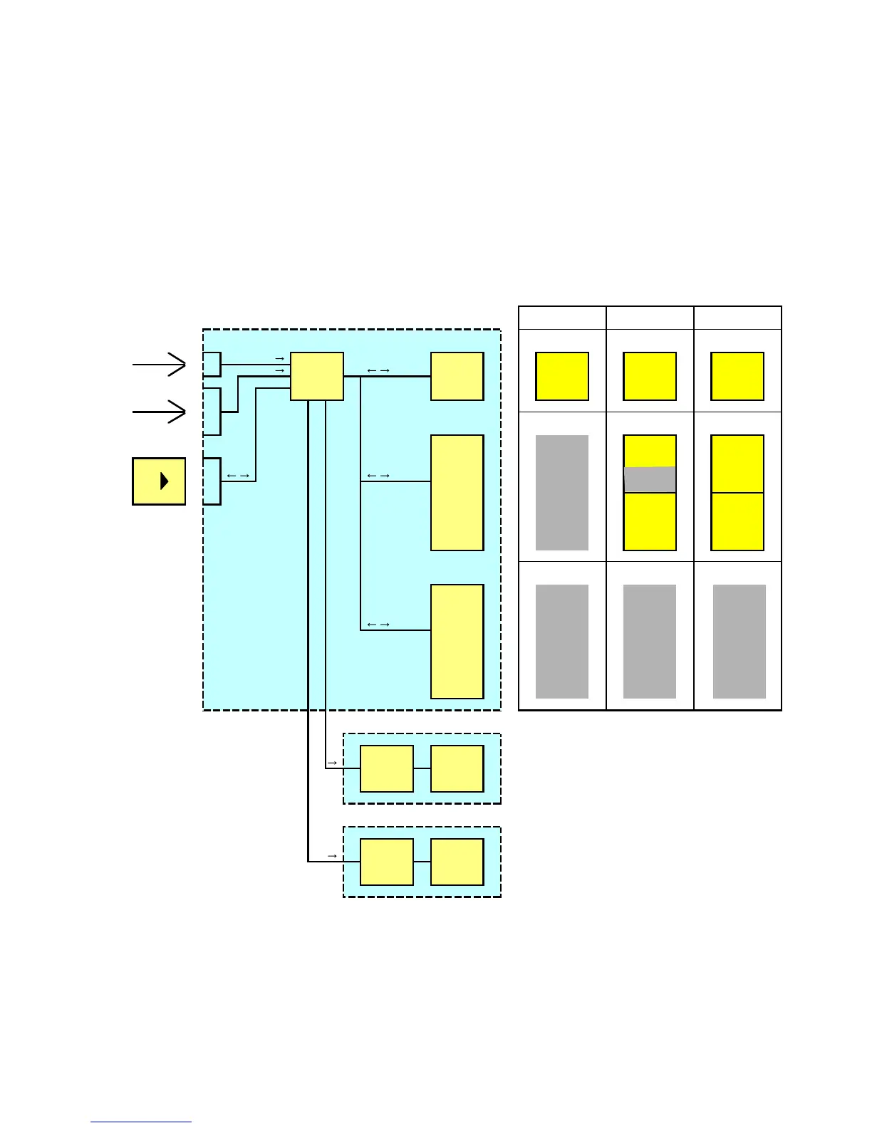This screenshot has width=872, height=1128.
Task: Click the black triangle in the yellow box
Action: click(x=165, y=481)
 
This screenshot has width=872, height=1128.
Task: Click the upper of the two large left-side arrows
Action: click(x=160, y=365)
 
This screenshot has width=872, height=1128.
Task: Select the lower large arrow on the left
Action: click(x=160, y=412)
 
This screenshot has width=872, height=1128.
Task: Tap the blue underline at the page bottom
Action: click(x=140, y=1122)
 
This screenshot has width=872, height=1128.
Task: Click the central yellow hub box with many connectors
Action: click(x=317, y=376)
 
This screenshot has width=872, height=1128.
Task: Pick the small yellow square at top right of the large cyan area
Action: click(x=457, y=376)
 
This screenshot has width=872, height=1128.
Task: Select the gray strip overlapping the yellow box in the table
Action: click(x=650, y=479)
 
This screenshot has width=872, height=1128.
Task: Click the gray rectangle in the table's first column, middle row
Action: click(x=562, y=493)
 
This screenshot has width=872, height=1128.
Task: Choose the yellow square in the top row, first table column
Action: click(x=562, y=376)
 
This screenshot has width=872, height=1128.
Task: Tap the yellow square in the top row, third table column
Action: click(x=737, y=376)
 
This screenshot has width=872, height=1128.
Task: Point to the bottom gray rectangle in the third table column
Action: click(x=739, y=641)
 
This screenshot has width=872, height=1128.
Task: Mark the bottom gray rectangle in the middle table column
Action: click(x=650, y=641)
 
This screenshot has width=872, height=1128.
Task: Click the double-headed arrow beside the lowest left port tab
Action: click(x=238, y=476)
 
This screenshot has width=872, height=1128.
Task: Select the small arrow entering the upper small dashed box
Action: click(x=332, y=763)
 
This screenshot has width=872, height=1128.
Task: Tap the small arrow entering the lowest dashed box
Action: click(x=332, y=855)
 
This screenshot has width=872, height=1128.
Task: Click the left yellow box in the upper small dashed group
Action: click(x=387, y=768)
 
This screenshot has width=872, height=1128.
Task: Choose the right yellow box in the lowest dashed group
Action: click(x=457, y=862)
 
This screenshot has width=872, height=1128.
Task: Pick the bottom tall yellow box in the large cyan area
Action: click(x=457, y=641)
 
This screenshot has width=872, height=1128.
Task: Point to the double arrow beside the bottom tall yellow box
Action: click(x=378, y=625)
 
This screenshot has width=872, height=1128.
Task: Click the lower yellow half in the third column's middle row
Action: click(x=737, y=521)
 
